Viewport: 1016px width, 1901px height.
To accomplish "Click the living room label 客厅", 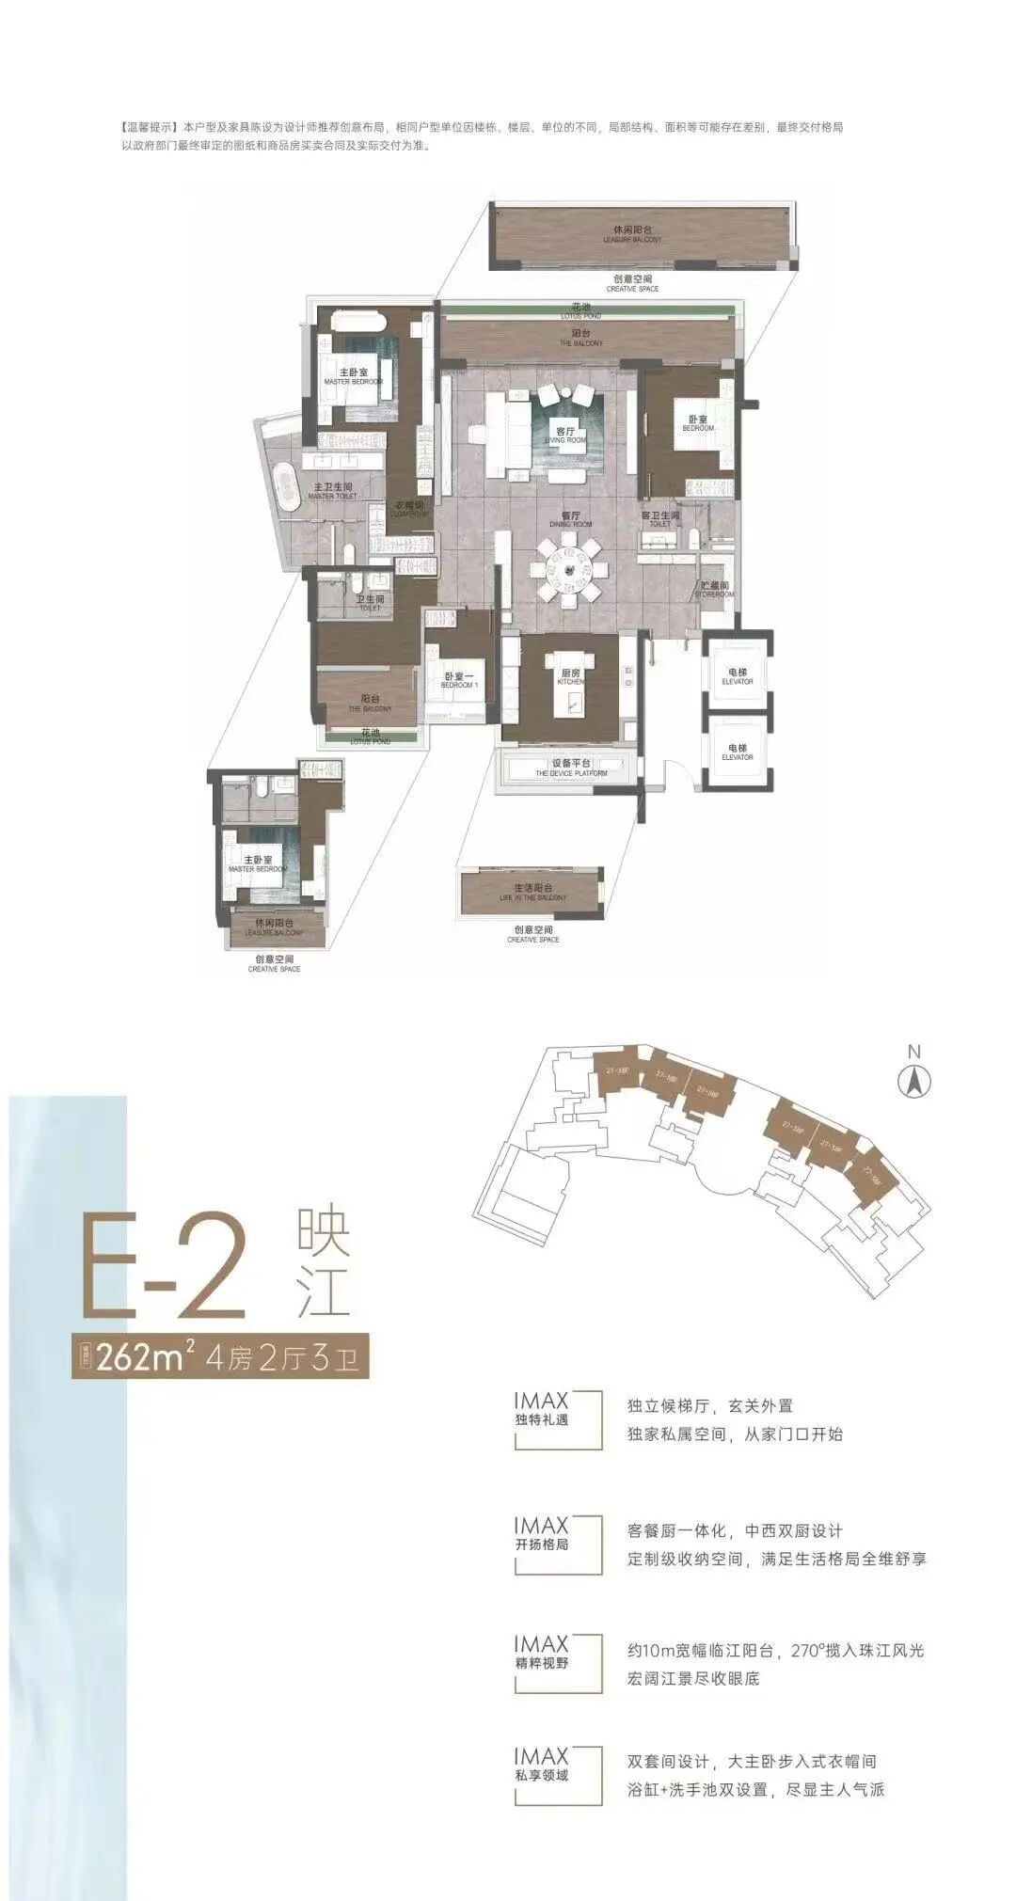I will coord(564,432).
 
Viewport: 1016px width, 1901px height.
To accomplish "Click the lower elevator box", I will coord(738,750).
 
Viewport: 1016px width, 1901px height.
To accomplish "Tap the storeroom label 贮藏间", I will coord(714,586).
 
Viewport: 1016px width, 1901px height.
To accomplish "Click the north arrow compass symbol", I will coord(913,1082).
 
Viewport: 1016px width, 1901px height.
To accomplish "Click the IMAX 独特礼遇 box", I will coord(557,1418).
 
